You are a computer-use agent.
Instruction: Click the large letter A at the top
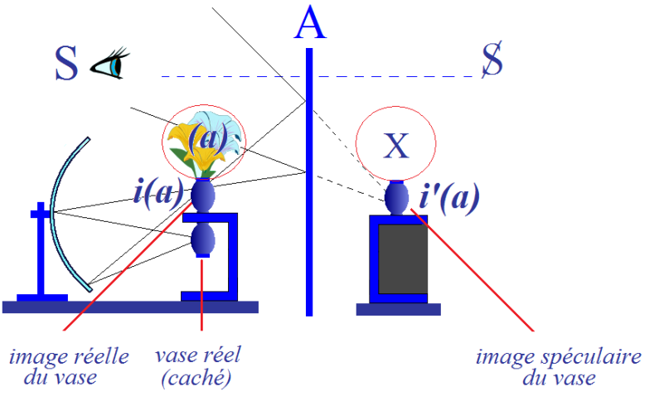point(310,23)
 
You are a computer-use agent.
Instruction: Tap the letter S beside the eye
point(66,64)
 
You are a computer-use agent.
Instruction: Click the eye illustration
point(109,64)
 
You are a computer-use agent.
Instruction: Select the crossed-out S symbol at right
point(492,59)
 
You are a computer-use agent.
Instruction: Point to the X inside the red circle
point(396,146)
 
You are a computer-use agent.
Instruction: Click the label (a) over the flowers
point(207,138)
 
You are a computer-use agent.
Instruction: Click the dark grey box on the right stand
point(403,258)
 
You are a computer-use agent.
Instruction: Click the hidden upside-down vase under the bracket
point(203,240)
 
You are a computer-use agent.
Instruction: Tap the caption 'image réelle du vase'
point(70,366)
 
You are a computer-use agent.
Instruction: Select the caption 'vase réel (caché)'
point(198,366)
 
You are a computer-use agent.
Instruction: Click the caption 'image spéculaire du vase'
point(559,367)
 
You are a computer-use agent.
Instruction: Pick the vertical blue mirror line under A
point(309,181)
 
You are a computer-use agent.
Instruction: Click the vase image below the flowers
point(203,196)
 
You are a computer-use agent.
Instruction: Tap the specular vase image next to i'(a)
point(396,198)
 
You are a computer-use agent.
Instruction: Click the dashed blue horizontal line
point(320,76)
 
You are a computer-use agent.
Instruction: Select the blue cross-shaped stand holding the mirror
point(41,252)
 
